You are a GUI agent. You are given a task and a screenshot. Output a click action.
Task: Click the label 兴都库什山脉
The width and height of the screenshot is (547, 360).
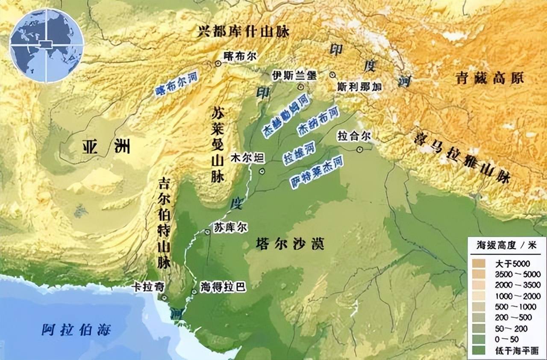pos(244,31)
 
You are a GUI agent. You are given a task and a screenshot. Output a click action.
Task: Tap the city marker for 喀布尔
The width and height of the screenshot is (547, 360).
pos(218,64)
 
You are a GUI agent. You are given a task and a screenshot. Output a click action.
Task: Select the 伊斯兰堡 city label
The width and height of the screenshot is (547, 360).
pos(294,76)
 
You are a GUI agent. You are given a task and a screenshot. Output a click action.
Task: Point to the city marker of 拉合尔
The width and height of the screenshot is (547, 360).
pos(359,149)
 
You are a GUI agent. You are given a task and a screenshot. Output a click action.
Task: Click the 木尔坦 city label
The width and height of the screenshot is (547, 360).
pos(247,157)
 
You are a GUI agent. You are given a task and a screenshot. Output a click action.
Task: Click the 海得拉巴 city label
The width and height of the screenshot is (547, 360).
pos(223,287)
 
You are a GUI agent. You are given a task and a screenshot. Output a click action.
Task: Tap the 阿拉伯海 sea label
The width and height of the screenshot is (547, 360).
pos(76,330)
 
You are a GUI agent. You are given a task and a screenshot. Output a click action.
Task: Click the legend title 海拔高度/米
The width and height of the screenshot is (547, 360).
pos(506,245)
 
